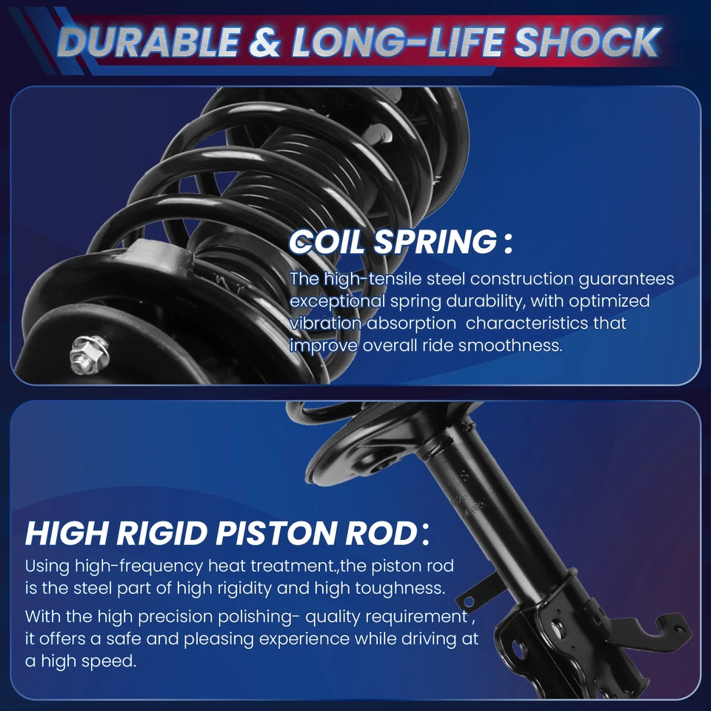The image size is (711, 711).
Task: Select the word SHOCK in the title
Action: click(587, 43)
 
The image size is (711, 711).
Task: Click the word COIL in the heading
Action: click(327, 242)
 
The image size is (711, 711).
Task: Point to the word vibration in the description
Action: click(327, 324)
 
